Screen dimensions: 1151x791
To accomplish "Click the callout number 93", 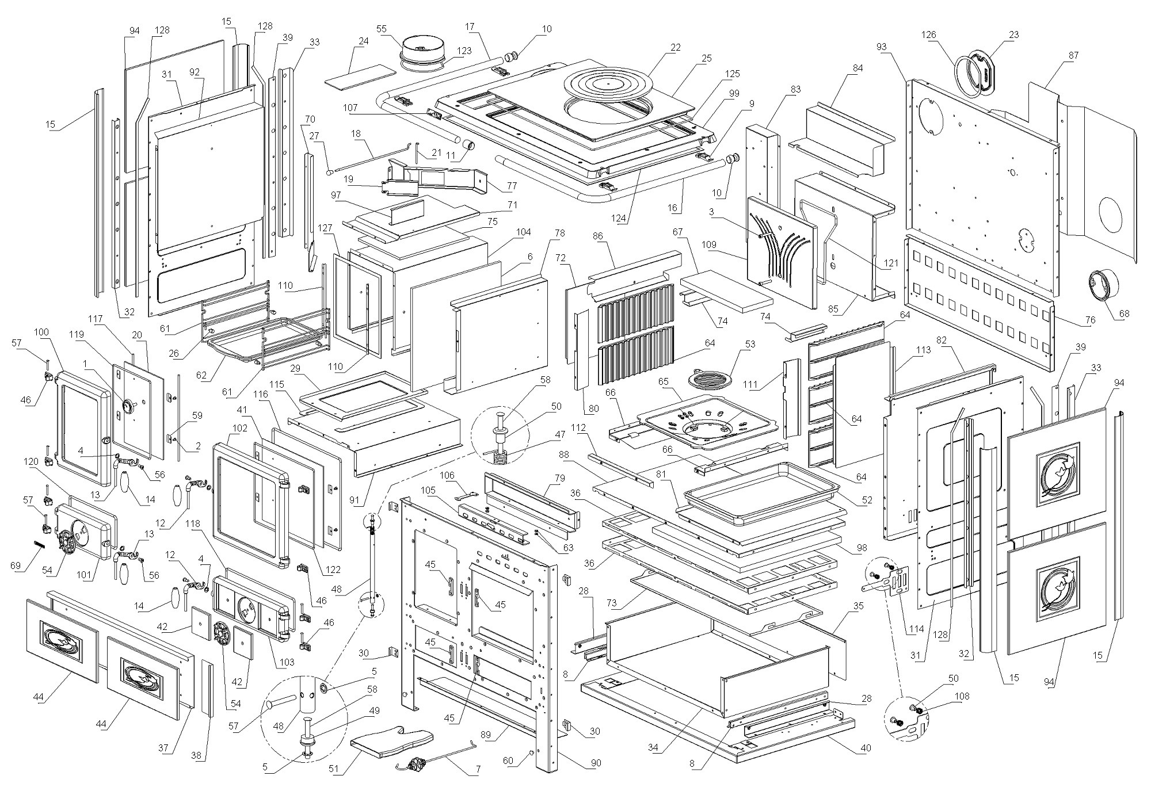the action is tap(882, 47).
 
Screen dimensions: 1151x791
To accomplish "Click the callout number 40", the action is tap(866, 748).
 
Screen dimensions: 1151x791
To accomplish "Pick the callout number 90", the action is tap(596, 763).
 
